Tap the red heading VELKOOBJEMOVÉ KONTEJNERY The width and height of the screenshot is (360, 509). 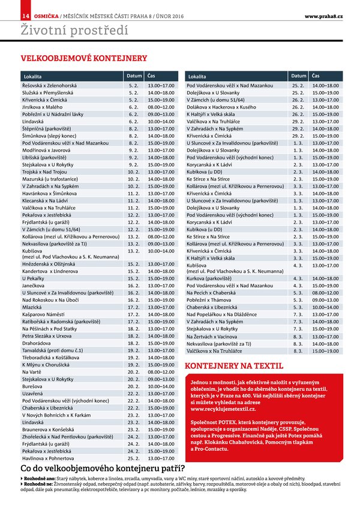[x=84, y=59]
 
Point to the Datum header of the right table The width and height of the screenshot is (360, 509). [x=299, y=77]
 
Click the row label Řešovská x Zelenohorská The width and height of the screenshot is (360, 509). [x=50, y=87]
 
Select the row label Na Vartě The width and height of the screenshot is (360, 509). [x=32, y=371]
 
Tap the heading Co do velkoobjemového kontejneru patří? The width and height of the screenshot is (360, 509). [x=103, y=469]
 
